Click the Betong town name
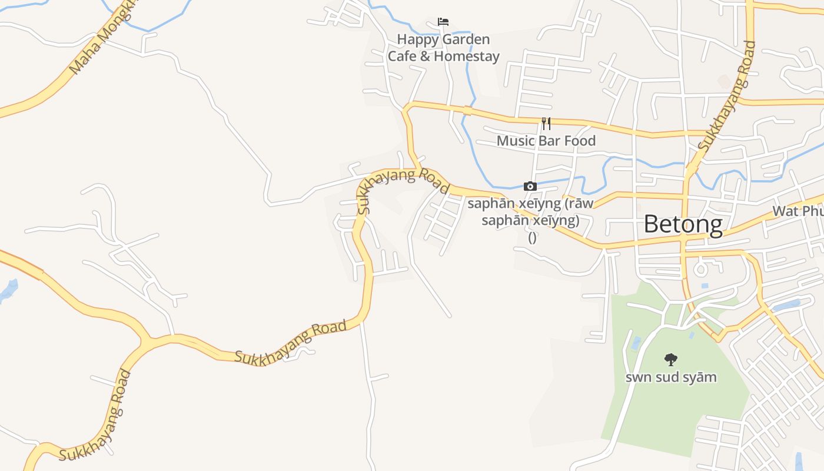(683, 224)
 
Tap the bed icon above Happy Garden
(443, 22)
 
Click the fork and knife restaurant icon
(546, 123)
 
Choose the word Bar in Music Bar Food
(550, 141)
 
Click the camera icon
(530, 187)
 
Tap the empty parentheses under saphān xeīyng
(532, 237)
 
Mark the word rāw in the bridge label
(582, 204)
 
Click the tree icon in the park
(670, 359)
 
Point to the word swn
(638, 377)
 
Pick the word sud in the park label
(668, 377)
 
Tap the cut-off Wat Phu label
(798, 211)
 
